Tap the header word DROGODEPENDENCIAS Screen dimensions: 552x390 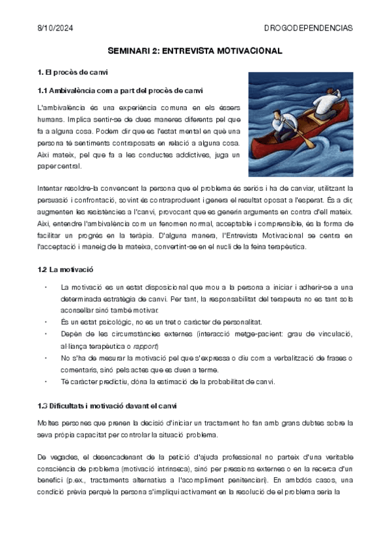click(x=308, y=28)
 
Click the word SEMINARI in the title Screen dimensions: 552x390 click(x=130, y=50)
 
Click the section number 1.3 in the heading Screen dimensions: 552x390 click(x=44, y=406)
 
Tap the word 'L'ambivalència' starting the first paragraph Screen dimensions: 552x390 click(x=61, y=107)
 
